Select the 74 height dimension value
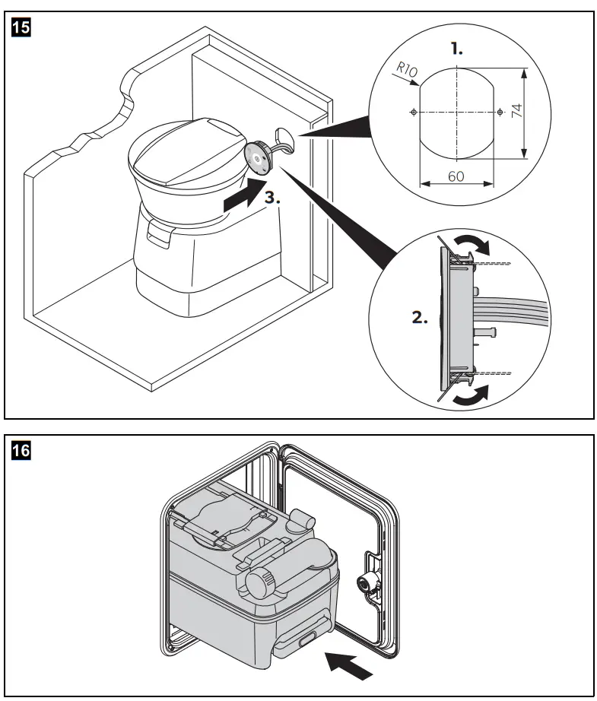click(516, 111)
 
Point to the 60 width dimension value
click(456, 176)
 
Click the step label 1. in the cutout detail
click(456, 49)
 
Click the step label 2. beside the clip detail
click(421, 318)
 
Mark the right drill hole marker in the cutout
click(499, 112)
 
